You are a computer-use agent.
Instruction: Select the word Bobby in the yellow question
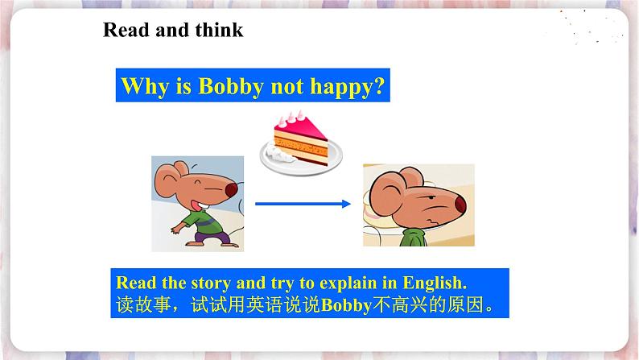231,86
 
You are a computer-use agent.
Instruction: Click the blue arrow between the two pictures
303,204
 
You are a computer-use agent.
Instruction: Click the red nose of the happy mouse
232,189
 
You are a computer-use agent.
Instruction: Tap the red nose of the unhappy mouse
460,204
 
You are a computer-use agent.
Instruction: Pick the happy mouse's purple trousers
212,237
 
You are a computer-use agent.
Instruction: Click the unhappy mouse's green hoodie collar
413,238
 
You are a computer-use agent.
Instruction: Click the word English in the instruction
435,283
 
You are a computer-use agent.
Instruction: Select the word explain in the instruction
348,283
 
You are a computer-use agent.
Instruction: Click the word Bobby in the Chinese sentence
346,305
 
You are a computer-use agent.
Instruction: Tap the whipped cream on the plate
278,154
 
